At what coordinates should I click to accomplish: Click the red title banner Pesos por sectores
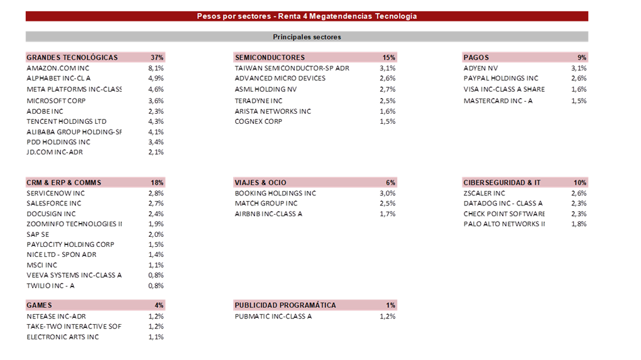(307, 16)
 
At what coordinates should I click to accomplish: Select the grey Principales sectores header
(307, 37)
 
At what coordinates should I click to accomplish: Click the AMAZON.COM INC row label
(58, 68)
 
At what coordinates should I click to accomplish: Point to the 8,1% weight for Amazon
(156, 68)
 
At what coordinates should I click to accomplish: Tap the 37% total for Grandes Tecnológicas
(157, 58)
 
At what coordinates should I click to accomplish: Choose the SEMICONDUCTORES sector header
(270, 58)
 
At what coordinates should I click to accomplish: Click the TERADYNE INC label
(258, 101)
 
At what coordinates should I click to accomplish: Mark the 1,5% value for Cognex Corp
(388, 121)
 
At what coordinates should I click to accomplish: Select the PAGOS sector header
(476, 58)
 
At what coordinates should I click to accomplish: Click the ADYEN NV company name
(480, 68)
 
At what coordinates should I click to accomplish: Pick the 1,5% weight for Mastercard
(579, 101)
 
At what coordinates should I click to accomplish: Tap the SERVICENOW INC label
(55, 194)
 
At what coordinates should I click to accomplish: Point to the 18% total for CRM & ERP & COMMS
(157, 183)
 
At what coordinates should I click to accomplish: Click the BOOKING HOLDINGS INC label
(275, 194)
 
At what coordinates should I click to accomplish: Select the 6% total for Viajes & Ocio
(390, 183)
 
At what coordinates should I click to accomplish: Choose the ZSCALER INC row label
(484, 194)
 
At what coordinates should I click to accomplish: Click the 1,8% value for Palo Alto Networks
(579, 224)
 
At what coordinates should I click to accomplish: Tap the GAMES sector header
(39, 305)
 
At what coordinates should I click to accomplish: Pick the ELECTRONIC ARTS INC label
(63, 337)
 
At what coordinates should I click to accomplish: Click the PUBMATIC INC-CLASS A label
(273, 316)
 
